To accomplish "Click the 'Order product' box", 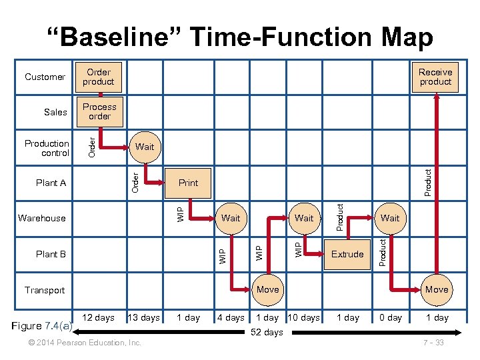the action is pos(99,77).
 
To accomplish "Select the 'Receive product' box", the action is pos(435,77).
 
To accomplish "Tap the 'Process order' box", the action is pos(99,111).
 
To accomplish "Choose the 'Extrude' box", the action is pos(347,254).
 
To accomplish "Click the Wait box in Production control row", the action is pos(144,147).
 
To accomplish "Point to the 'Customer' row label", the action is pos(45,77).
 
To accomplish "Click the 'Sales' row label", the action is pos(55,112).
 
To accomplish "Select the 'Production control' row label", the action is pos(47,148).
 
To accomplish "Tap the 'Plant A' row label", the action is pos(51,183).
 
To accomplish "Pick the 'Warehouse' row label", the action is pos(42,218).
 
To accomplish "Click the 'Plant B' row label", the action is pos(51,254).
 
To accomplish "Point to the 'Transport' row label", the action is pos(45,290).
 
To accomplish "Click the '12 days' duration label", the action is pos(98,317).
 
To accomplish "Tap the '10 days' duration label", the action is pos(304,317).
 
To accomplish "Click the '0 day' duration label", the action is pos(391,317).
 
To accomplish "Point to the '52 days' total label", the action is pos(267,332).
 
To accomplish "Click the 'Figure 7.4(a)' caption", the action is pos(43,326).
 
